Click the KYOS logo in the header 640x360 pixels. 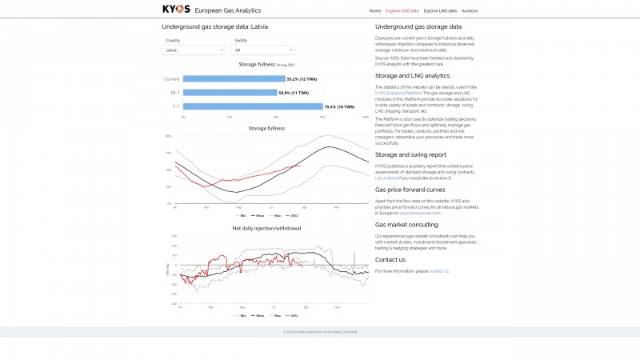[176, 10]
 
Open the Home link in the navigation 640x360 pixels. [374, 11]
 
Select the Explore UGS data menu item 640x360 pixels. [402, 11]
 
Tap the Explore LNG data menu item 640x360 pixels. [440, 11]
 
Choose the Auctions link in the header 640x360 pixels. [470, 11]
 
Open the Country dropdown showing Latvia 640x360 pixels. [194, 50]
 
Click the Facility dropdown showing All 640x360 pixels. [263, 50]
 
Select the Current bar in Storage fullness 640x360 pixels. [234, 79]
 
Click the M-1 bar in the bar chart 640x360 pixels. [230, 93]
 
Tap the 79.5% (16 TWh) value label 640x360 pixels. [339, 106]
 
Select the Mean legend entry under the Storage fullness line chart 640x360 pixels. [259, 215]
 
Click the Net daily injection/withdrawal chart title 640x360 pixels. [266, 228]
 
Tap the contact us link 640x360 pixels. [438, 271]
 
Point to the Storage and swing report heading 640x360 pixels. [410, 154]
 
